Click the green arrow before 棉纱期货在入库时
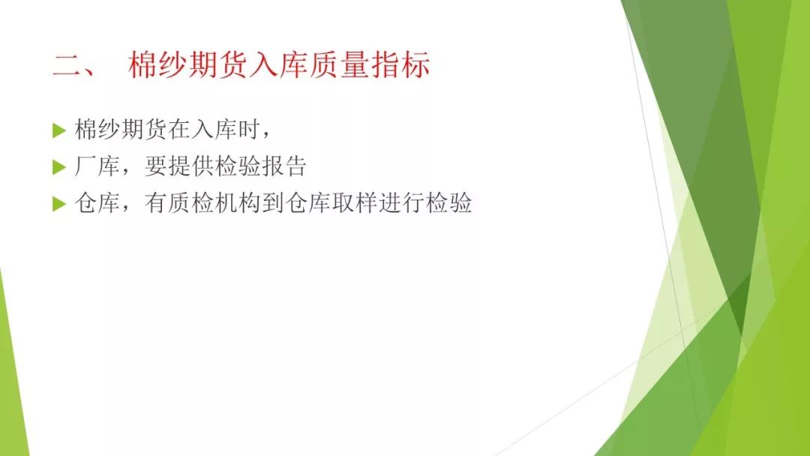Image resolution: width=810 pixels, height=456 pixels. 59,130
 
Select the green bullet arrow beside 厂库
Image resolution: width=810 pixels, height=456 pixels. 59,167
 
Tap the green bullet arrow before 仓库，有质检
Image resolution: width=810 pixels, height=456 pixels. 59,204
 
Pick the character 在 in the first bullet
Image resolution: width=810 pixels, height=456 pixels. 178,129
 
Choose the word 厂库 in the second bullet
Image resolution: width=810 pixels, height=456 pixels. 97,166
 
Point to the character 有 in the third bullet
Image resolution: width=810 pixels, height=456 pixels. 155,203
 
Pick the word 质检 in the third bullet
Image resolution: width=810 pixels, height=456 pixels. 190,203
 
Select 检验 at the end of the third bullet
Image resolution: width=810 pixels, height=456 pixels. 448,203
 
